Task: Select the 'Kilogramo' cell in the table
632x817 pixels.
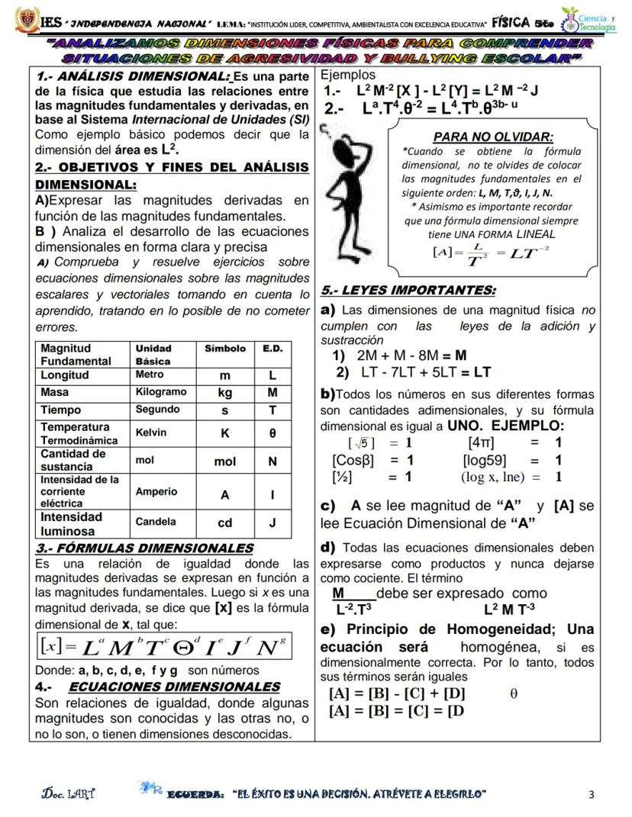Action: pos(160,391)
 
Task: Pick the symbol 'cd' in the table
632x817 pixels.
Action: pos(224,523)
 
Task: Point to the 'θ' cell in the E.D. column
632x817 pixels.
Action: pos(272,433)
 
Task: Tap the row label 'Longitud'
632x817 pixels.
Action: pos(65,375)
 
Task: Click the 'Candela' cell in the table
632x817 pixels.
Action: pos(156,522)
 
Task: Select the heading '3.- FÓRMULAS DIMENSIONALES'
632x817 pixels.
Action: pos(144,548)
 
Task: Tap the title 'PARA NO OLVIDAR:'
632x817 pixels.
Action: pos(492,137)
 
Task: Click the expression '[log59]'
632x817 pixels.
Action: pos(484,460)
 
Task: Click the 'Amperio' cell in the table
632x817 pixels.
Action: pos(156,491)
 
